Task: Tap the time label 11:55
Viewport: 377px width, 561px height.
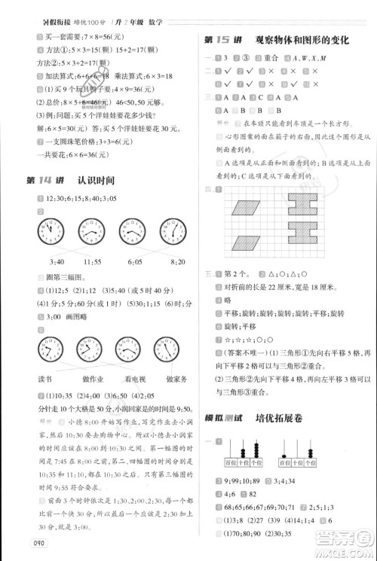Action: [93, 261]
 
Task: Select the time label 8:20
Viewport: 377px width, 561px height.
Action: [177, 261]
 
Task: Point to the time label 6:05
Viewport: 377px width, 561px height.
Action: [135, 261]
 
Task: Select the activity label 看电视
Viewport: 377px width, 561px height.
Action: [134, 380]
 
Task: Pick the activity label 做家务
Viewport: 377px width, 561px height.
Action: [176, 380]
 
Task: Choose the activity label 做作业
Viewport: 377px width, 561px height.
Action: [91, 380]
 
